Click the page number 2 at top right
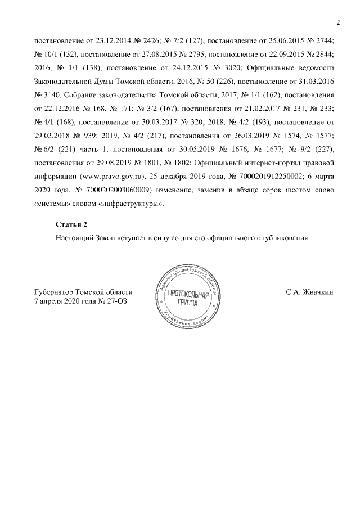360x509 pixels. pos(338,22)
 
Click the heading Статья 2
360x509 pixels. pos(71,225)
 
